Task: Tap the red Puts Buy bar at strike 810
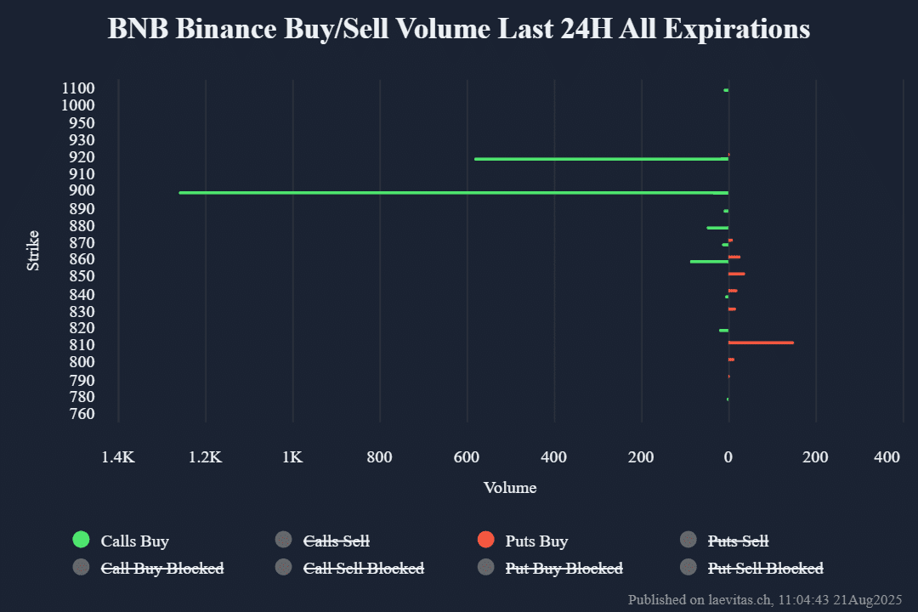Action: pos(761,343)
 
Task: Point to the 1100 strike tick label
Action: pos(78,88)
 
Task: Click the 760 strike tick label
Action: pos(82,414)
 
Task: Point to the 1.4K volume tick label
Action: pos(118,457)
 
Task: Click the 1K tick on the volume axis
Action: pos(292,457)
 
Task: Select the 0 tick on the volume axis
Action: pos(728,457)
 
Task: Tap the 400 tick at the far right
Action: pos(887,457)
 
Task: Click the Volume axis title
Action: pos(510,488)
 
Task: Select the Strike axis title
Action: pos(33,251)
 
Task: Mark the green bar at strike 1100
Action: pos(726,90)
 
